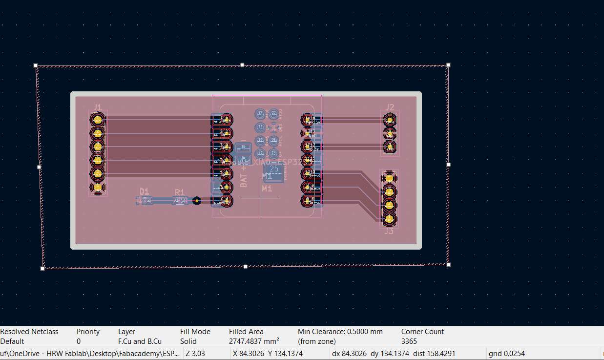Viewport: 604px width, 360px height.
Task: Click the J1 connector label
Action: point(98,107)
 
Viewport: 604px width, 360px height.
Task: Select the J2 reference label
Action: point(390,107)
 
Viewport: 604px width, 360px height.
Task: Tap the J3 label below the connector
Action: point(389,231)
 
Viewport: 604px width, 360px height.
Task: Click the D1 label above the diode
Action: point(145,191)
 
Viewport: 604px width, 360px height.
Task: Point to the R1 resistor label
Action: point(180,192)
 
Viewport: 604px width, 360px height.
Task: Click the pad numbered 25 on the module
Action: point(274,169)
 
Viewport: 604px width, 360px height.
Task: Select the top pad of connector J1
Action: point(98,120)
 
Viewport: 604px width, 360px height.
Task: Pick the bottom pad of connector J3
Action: point(389,219)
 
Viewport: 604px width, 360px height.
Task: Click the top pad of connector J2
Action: point(389,120)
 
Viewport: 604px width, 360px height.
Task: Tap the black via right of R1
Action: point(197,200)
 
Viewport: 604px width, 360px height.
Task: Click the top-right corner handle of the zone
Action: point(448,64)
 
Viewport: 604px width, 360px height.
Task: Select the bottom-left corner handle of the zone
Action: point(42,268)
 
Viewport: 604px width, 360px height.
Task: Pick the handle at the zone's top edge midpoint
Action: point(242,64)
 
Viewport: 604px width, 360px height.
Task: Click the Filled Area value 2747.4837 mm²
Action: point(254,341)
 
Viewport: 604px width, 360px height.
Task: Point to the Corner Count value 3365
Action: point(409,341)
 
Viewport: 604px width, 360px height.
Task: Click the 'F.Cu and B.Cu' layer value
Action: point(140,341)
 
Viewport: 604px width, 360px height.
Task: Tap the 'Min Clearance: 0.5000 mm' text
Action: point(340,332)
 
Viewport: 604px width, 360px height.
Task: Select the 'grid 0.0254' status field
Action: point(506,353)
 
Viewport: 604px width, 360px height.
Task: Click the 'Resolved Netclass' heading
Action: point(29,332)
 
